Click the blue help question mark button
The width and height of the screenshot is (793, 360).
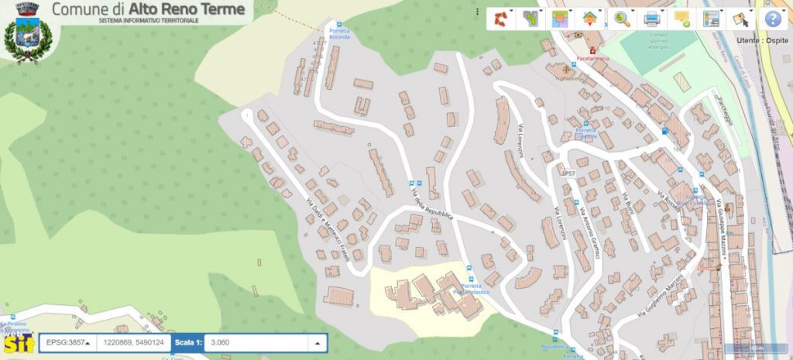[772, 19]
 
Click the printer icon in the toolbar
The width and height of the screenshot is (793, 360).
[652, 19]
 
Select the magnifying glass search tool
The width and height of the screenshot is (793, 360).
[622, 19]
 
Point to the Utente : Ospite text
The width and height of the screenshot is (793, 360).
[762, 39]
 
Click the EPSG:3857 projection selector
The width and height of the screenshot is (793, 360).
[67, 341]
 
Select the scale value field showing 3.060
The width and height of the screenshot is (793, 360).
[256, 342]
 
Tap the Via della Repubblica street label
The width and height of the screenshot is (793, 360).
[432, 204]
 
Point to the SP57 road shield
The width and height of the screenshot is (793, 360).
[568, 173]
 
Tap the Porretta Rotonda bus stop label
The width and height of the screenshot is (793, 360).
[339, 34]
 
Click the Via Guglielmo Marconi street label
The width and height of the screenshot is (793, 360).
[664, 298]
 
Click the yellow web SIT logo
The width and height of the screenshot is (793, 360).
[17, 342]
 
